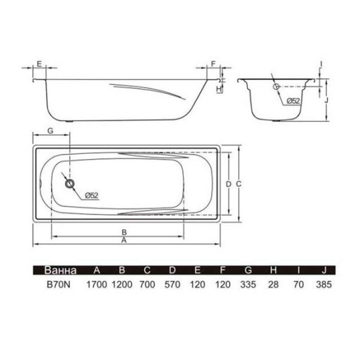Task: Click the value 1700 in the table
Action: [x=97, y=285]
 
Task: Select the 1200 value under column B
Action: [x=122, y=285]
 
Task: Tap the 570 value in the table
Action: [x=172, y=285]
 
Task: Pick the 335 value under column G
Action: [x=248, y=285]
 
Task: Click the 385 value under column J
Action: [x=324, y=285]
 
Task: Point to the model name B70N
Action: [x=58, y=285]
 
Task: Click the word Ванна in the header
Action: [x=60, y=270]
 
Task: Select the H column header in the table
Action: [x=273, y=270]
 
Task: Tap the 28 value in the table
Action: [x=273, y=285]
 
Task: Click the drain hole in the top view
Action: [x=69, y=184]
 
